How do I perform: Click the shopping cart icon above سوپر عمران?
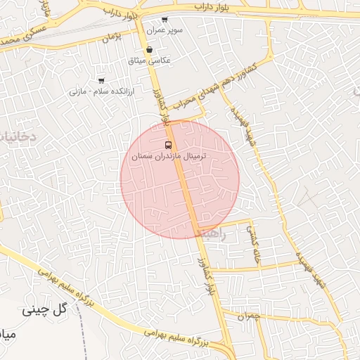coord(165,20)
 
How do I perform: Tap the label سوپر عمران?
coord(165,31)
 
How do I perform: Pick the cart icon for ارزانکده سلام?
coord(101,80)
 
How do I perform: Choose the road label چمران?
coord(248,317)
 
